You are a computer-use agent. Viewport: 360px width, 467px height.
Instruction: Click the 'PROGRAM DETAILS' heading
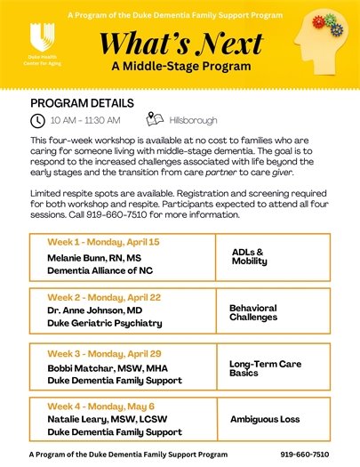(82, 103)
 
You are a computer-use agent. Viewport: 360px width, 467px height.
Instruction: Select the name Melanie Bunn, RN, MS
(94, 257)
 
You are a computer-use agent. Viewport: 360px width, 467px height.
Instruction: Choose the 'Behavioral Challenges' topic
(252, 312)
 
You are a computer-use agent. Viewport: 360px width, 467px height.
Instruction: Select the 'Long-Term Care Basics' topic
(267, 366)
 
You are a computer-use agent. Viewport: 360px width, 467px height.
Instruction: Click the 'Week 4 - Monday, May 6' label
(94, 405)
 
